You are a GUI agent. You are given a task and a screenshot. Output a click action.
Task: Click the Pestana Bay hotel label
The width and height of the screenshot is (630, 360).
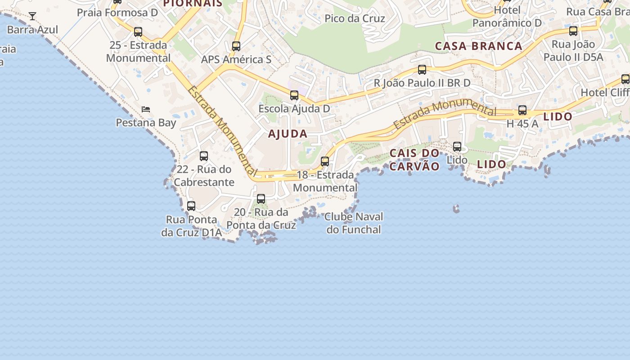click(146, 122)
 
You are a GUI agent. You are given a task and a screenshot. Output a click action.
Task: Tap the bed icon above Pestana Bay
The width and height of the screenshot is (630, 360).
click(145, 109)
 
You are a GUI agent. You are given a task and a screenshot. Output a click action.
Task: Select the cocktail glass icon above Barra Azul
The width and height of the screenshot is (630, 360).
click(32, 17)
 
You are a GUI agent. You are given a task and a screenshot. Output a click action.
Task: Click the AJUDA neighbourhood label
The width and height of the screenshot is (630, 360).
click(288, 134)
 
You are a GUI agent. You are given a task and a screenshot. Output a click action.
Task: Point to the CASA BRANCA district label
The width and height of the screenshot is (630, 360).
click(478, 46)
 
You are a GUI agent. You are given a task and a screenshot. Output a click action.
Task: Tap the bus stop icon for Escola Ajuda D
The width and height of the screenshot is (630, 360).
click(294, 95)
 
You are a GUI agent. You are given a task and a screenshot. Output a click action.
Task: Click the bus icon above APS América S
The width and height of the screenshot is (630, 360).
click(236, 46)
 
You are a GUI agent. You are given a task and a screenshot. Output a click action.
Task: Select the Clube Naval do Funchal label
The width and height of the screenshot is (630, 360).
click(354, 223)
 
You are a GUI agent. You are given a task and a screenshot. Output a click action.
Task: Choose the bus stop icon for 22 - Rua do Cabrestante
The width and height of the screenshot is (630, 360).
click(204, 156)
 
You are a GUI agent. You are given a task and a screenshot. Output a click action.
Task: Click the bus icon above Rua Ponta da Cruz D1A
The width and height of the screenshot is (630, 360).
click(191, 206)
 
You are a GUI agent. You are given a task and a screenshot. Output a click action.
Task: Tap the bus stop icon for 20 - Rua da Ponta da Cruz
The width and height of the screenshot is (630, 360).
click(261, 199)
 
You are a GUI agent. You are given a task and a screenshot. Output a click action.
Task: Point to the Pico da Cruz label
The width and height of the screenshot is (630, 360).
click(355, 18)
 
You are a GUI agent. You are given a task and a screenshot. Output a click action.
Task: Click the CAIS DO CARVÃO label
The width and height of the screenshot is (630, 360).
click(414, 160)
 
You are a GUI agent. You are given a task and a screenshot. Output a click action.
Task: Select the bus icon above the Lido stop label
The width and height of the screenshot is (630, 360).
click(457, 146)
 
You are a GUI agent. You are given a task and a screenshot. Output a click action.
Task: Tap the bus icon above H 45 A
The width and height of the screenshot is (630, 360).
click(522, 110)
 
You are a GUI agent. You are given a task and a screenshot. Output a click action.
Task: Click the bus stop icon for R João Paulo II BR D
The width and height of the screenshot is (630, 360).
click(422, 70)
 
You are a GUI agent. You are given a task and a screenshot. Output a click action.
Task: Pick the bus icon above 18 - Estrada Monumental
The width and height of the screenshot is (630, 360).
click(325, 161)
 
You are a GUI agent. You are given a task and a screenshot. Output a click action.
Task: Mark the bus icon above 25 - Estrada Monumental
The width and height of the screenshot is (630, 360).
click(138, 32)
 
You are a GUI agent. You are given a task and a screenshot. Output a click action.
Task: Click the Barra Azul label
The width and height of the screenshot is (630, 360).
click(32, 30)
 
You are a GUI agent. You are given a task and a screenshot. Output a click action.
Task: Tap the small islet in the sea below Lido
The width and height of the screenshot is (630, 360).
click(456, 208)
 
